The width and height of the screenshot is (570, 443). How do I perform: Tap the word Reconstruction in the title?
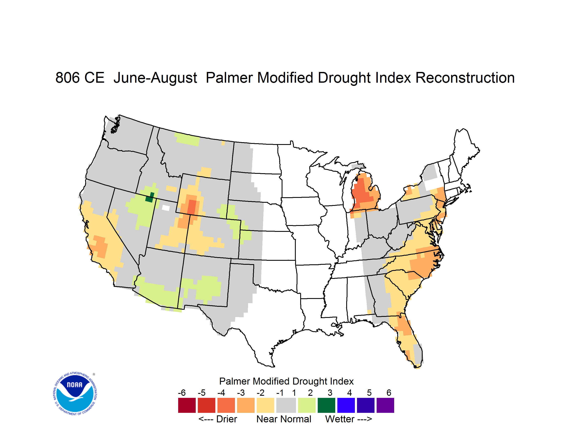point(465,78)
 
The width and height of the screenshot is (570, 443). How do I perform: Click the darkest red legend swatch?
point(187,405)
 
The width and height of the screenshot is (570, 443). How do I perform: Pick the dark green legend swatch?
point(326,405)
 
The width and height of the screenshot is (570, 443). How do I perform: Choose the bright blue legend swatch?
point(346,405)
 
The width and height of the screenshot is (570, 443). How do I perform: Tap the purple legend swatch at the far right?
point(385,405)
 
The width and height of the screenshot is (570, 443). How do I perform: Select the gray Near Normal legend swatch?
point(286,405)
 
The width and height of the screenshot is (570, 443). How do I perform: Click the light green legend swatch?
point(307,405)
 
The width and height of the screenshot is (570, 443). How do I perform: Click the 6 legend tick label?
point(389,393)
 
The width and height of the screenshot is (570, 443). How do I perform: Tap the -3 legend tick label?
point(241,393)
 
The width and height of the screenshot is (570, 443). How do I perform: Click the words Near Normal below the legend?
point(284,419)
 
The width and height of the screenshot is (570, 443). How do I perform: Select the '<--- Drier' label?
point(218,419)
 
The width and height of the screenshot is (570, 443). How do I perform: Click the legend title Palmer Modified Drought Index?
point(286,381)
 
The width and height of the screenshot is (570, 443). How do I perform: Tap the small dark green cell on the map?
point(150,197)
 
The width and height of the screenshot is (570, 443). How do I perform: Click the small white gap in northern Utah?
point(166,208)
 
